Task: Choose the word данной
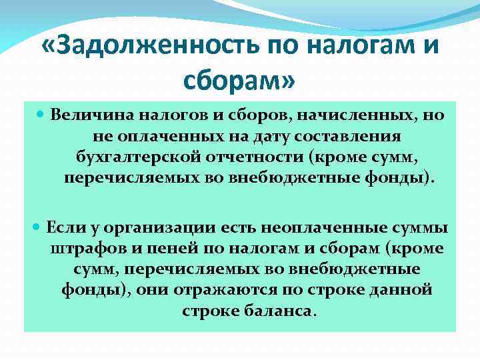pos(398,291)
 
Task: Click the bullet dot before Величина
pos(41,115)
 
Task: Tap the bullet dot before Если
pos(36,227)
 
